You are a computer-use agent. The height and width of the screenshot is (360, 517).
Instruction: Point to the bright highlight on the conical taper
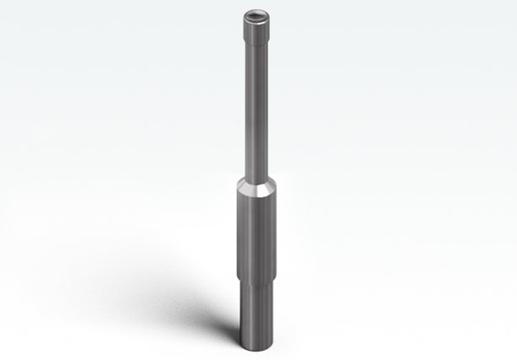click(x=250, y=186)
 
